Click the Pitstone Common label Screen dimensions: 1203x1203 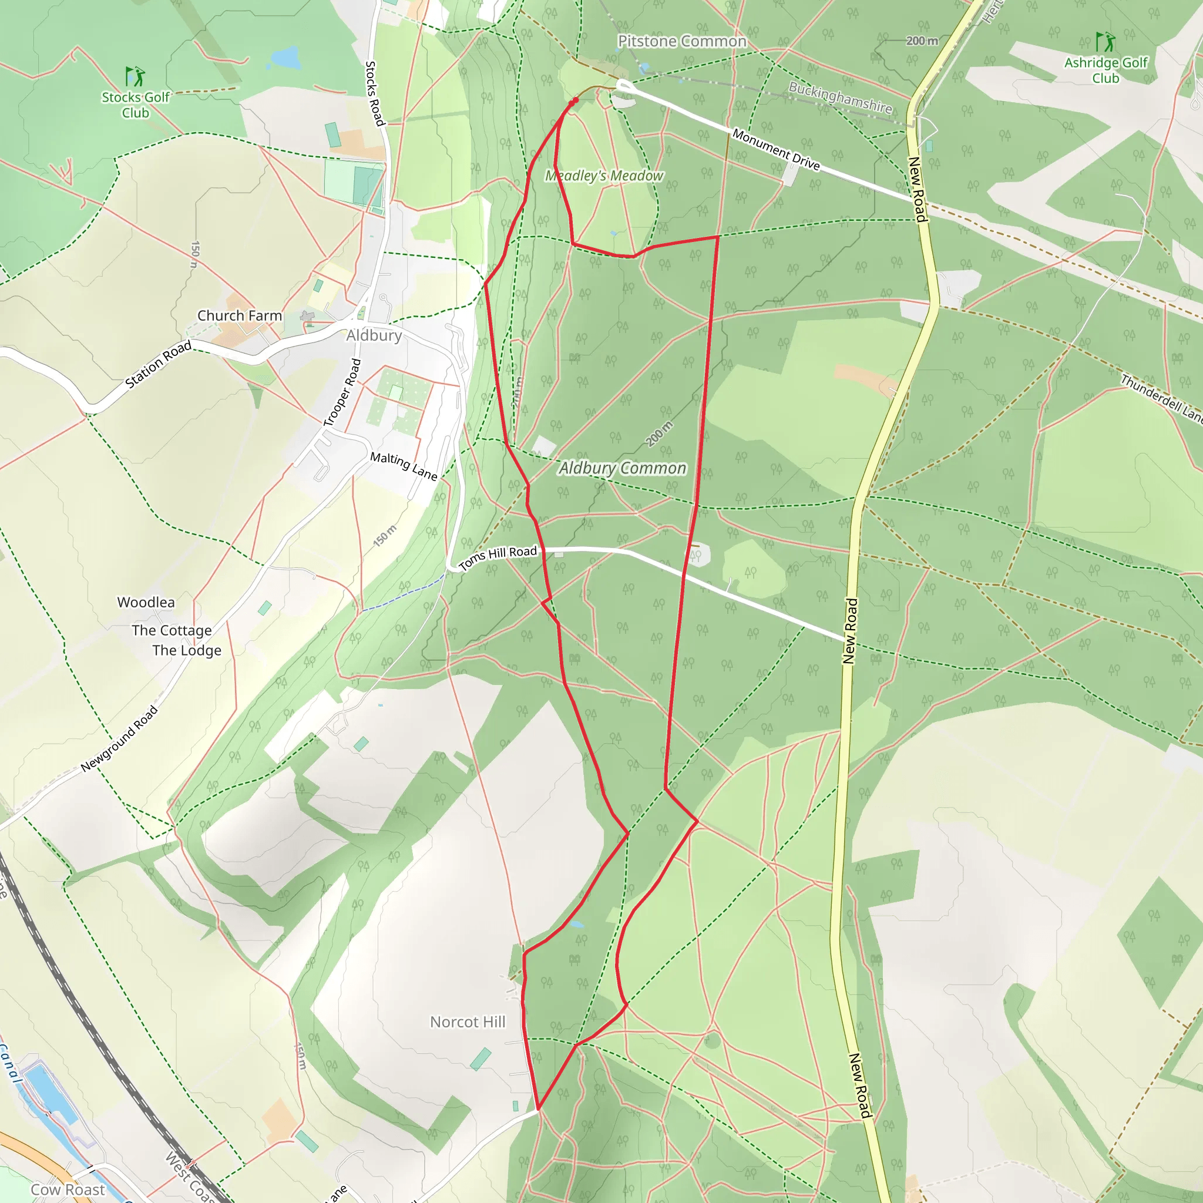pos(682,41)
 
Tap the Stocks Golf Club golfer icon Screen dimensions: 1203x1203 pos(135,76)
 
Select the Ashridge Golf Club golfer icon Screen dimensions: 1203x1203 pos(1105,42)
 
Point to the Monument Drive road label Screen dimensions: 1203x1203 pos(776,149)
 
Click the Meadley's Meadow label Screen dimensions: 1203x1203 pos(604,176)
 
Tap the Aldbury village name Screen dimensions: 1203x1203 pos(374,335)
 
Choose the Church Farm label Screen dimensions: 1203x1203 pos(240,315)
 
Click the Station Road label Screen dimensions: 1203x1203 pos(158,365)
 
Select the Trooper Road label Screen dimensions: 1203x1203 pos(342,393)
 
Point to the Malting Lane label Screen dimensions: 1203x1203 pos(404,466)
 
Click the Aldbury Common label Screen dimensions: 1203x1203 pos(622,468)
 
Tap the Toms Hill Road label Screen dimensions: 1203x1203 pos(498,557)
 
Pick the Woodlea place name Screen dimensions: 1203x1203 pos(146,602)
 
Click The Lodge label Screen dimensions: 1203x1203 pos(187,650)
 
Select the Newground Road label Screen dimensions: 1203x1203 pos(120,739)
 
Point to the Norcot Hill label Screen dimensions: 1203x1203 pos(468,1022)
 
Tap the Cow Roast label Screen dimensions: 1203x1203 pos(68,1189)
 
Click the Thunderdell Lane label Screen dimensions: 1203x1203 pos(1162,396)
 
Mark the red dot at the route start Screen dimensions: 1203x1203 pos(575,100)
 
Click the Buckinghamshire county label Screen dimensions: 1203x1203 pos(840,98)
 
